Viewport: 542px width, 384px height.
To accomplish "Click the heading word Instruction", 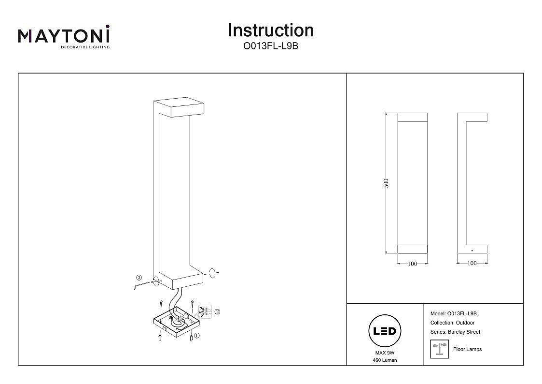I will (x=271, y=30).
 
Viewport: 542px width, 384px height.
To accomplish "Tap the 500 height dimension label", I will (x=386, y=183).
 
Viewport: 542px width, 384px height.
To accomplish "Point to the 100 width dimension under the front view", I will (x=412, y=264).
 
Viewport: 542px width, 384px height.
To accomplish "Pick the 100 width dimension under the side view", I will (x=472, y=264).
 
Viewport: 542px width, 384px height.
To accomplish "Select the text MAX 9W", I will (x=385, y=354).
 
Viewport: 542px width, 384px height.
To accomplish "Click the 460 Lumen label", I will (x=385, y=361).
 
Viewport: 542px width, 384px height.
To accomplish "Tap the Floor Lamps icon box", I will (x=439, y=349).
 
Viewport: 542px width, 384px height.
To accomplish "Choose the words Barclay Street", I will (x=464, y=332).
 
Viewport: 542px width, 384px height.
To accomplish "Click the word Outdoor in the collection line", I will (x=465, y=323).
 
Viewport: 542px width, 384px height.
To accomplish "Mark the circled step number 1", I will (x=197, y=335).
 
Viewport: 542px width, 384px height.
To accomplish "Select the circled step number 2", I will (x=217, y=312).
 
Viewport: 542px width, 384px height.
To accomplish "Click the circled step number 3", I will (x=139, y=278).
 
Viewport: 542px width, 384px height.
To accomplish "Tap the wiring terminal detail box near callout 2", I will (x=205, y=310).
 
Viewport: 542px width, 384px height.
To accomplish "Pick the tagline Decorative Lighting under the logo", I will (x=84, y=47).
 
